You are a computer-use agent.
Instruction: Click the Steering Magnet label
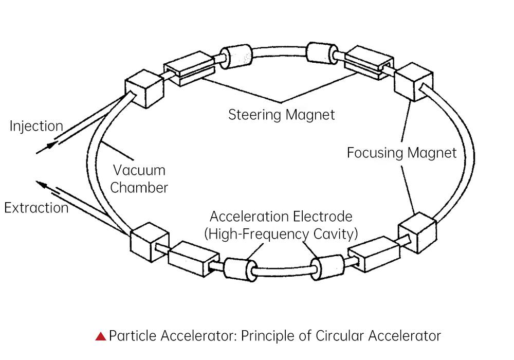pos(281,114)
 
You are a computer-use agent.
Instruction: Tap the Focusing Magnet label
pos(401,153)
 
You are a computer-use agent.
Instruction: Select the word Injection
pos(36,126)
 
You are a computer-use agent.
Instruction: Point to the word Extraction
pos(36,208)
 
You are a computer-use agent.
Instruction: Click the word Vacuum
pos(139,170)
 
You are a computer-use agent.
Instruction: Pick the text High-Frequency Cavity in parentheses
pos(281,234)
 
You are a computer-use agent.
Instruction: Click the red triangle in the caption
pos(101,336)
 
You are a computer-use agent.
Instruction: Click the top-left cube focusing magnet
pos(143,88)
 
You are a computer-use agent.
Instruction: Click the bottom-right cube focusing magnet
pos(417,232)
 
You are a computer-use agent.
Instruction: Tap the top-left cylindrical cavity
pos(237,55)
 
